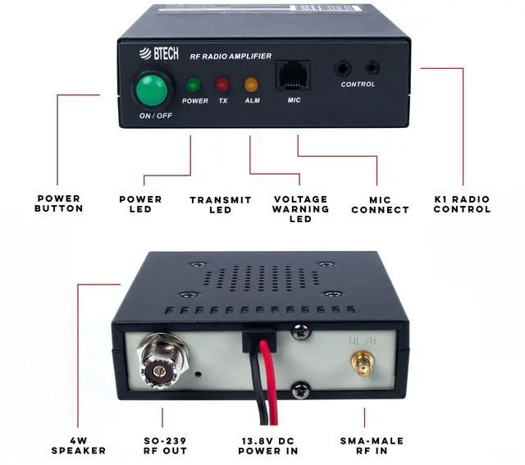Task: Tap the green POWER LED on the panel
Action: pyautogui.click(x=194, y=84)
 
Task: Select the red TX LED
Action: pyautogui.click(x=222, y=84)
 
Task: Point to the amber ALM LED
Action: pyautogui.click(x=251, y=84)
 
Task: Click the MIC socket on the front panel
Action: pyautogui.click(x=294, y=75)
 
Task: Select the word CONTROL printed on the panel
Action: pyautogui.click(x=358, y=84)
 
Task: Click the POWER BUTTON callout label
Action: pyautogui.click(x=59, y=203)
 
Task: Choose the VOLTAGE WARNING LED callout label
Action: pyautogui.click(x=300, y=209)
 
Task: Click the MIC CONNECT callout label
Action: pyautogui.click(x=380, y=204)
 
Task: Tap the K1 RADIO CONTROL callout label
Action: pyautogui.click(x=463, y=203)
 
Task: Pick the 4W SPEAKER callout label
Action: pyautogui.click(x=78, y=445)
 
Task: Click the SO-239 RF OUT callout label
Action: pyautogui.click(x=162, y=445)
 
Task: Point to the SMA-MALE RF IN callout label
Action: pyautogui.click(x=372, y=445)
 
